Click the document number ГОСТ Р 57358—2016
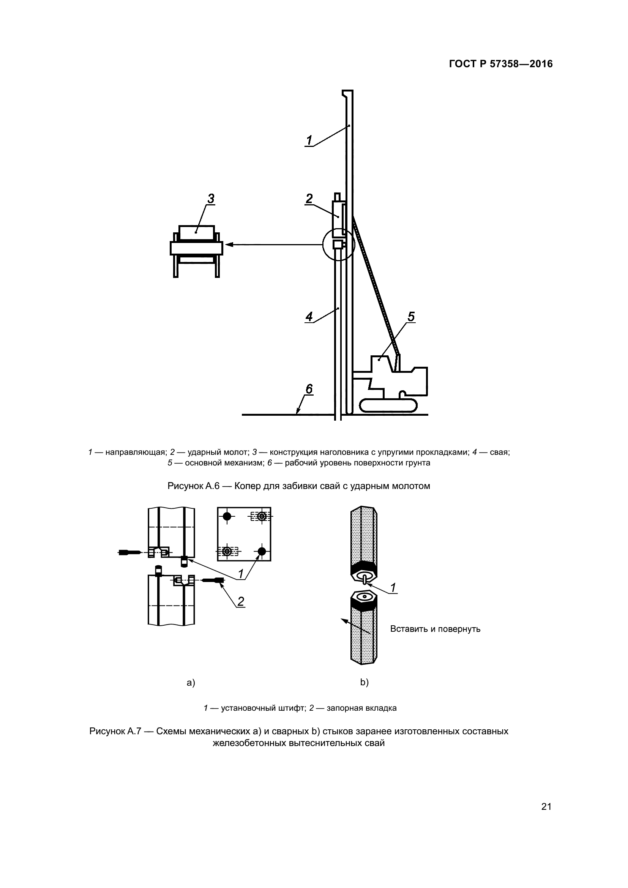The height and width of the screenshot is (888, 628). [500, 64]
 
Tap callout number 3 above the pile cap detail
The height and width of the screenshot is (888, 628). [211, 199]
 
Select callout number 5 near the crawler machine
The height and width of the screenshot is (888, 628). [411, 317]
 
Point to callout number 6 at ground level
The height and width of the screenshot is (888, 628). [309, 389]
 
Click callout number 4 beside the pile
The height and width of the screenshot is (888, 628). [309, 317]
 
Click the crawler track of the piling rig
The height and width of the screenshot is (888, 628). [388, 405]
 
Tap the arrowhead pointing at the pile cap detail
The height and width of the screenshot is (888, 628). [229, 244]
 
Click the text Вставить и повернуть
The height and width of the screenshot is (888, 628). [435, 629]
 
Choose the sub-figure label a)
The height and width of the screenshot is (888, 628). [191, 683]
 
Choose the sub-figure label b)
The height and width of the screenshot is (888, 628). [364, 682]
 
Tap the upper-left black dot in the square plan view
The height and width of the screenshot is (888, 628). [227, 516]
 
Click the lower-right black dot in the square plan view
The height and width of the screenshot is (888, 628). [262, 551]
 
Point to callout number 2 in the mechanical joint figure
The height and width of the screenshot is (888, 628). [240, 601]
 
